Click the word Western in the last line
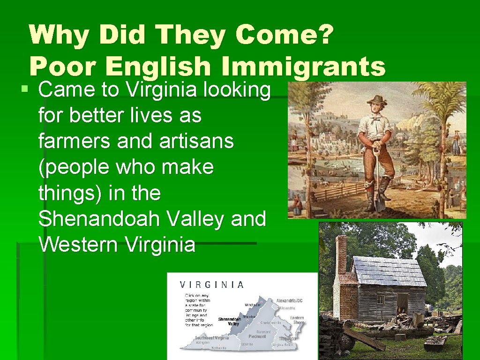tap(75, 244)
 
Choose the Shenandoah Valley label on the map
tap(229, 321)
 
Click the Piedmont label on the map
tap(257, 336)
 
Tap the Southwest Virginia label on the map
tap(212, 338)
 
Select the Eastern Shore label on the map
tap(296, 320)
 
